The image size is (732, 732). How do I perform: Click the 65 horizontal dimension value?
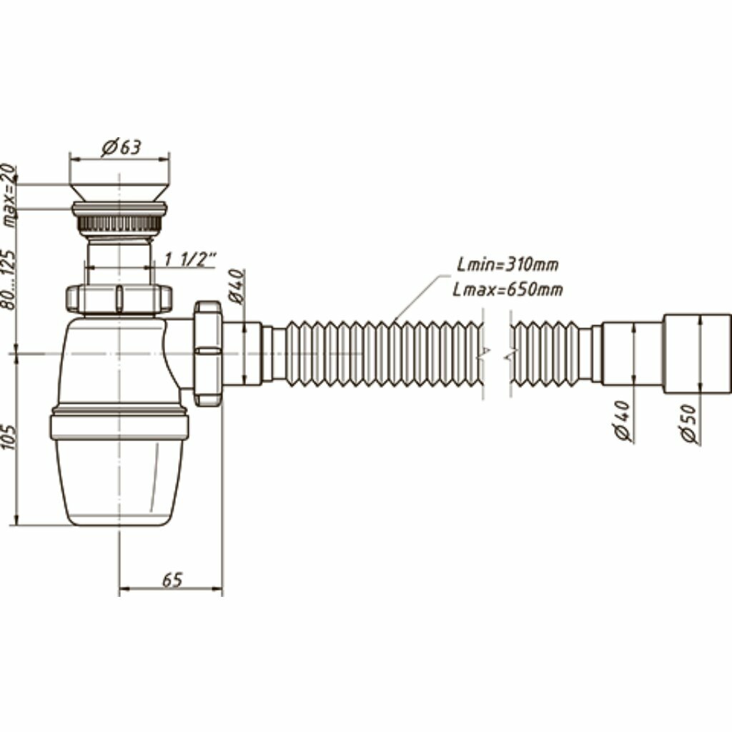tap(171, 580)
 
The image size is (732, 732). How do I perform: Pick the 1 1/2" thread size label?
tap(190, 259)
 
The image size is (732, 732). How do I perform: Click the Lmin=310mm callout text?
tap(508, 265)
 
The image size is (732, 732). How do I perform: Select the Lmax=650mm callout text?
tap(508, 290)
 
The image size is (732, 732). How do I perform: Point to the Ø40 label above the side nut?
tap(236, 286)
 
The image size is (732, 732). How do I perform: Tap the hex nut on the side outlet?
tap(207, 354)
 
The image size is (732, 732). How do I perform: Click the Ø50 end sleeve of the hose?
tap(696, 353)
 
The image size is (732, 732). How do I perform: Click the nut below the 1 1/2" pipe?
tap(119, 298)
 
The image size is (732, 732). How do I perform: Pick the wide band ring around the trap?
tap(119, 426)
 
